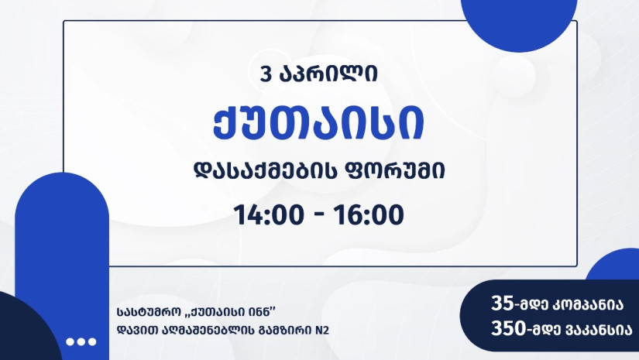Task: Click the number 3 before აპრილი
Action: pyautogui.click(x=266, y=74)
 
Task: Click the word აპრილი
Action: pyautogui.click(x=328, y=74)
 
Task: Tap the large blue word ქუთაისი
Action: pyautogui.click(x=318, y=122)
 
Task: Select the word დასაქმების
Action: pyautogui.click(x=265, y=171)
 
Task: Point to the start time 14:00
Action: pyautogui.click(x=269, y=215)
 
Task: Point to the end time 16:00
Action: pyautogui.click(x=369, y=215)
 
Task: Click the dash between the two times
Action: pyautogui.click(x=319, y=216)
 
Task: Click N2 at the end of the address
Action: pyautogui.click(x=322, y=330)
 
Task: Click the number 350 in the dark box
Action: pyautogui.click(x=508, y=328)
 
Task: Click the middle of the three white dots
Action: pyautogui.click(x=81, y=341)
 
